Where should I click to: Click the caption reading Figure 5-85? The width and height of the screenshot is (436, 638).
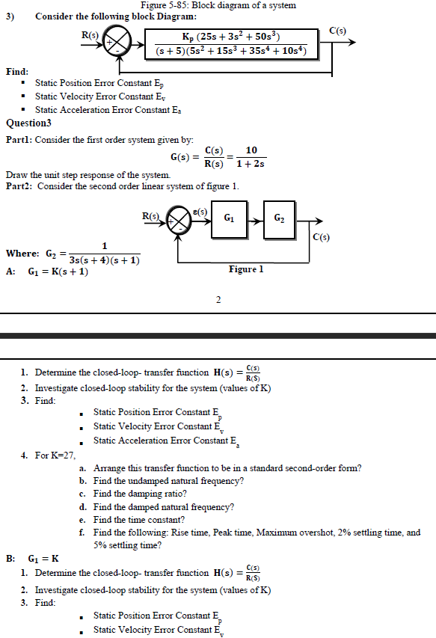218,5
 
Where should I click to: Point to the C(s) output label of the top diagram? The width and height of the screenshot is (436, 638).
338,30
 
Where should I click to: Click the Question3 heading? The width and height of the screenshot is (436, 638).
28,123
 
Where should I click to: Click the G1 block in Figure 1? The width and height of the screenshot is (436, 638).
231,218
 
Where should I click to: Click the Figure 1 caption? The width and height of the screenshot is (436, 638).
246,269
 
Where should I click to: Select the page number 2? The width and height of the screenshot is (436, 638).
218,300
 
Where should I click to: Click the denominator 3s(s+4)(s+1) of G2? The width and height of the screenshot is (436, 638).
104,260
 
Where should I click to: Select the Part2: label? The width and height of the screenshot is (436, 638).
19,185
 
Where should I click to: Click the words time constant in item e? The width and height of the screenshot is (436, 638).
159,520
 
